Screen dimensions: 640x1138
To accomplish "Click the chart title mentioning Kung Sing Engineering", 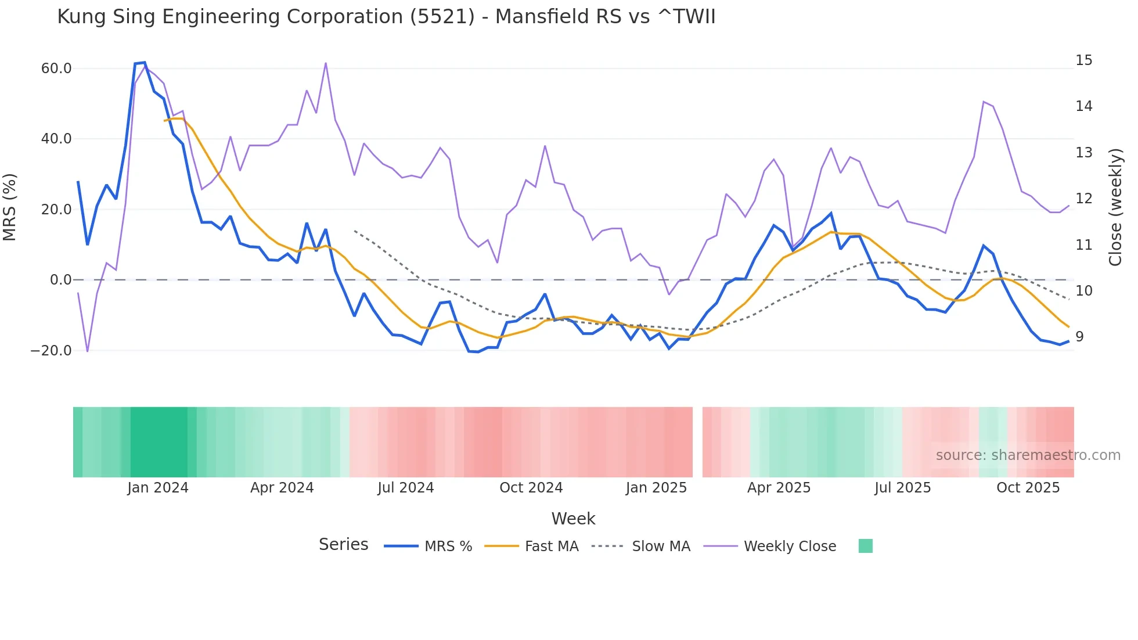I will [x=386, y=17].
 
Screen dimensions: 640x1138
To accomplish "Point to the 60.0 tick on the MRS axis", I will [x=56, y=69].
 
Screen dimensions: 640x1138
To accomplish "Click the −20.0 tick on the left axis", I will [x=51, y=351].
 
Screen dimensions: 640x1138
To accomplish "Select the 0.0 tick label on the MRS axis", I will [x=60, y=280].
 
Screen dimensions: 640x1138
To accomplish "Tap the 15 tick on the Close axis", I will [x=1083, y=60].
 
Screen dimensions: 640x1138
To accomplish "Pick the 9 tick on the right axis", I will [x=1079, y=337].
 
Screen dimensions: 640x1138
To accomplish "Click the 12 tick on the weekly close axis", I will [x=1083, y=199].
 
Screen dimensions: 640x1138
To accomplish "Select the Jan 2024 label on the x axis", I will [x=158, y=488].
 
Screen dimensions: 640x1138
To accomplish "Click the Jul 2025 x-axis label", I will [x=902, y=488].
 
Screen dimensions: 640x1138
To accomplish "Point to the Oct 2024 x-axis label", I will [x=531, y=488].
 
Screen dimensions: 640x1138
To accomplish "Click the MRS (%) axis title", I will [x=10, y=207].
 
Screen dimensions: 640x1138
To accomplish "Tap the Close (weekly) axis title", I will [x=1115, y=207].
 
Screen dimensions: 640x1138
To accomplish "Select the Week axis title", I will [x=573, y=519].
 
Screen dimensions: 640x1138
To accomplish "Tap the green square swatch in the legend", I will [x=865, y=546].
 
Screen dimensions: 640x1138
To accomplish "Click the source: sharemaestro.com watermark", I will [x=1028, y=455].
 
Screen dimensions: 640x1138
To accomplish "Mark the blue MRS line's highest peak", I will [x=144, y=63].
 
